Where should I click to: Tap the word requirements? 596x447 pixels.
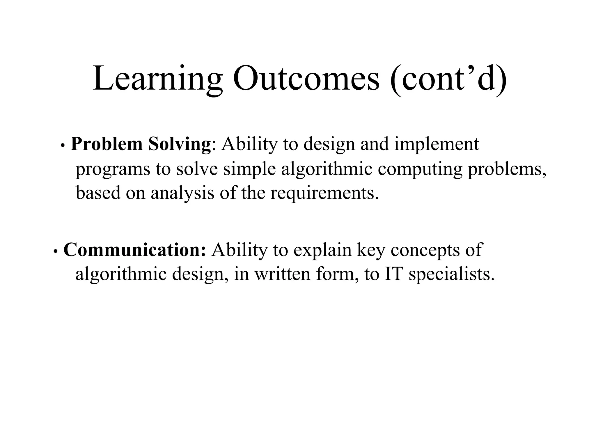(324, 193)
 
